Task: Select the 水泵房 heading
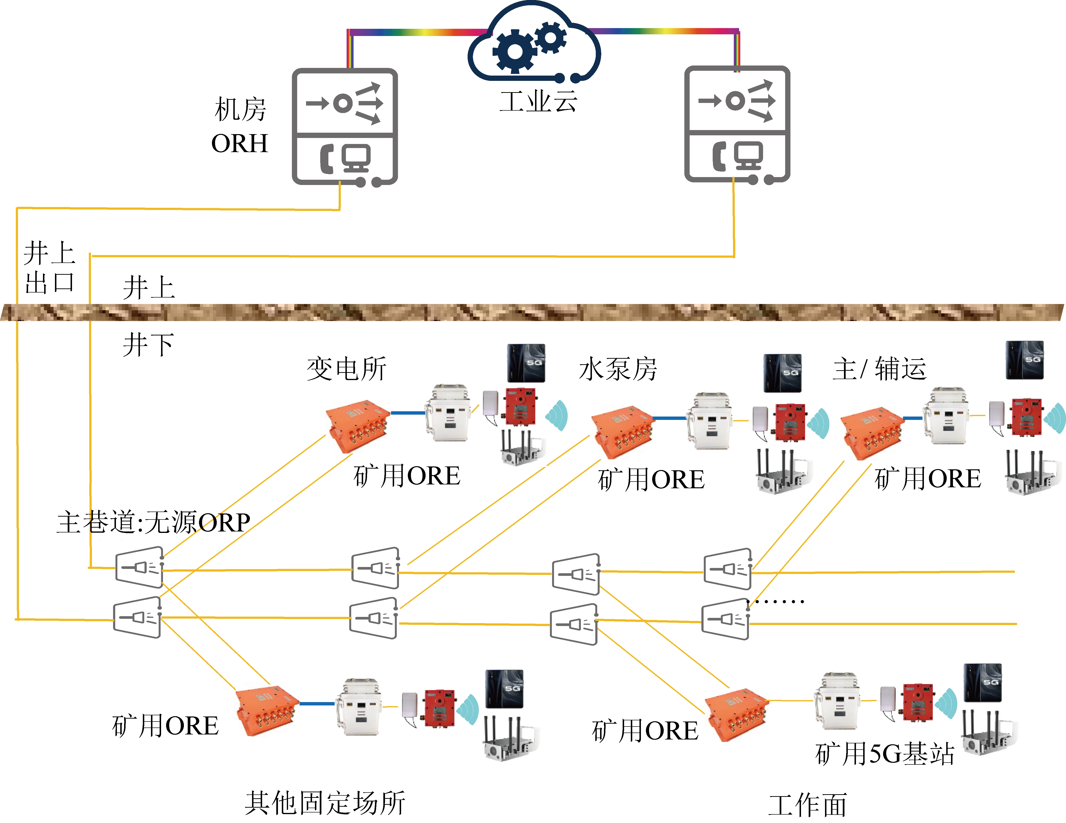coord(618,369)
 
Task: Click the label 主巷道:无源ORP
coord(153,523)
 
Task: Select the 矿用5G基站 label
coord(885,754)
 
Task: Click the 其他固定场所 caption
coord(325,803)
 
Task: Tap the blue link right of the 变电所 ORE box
coord(408,413)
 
